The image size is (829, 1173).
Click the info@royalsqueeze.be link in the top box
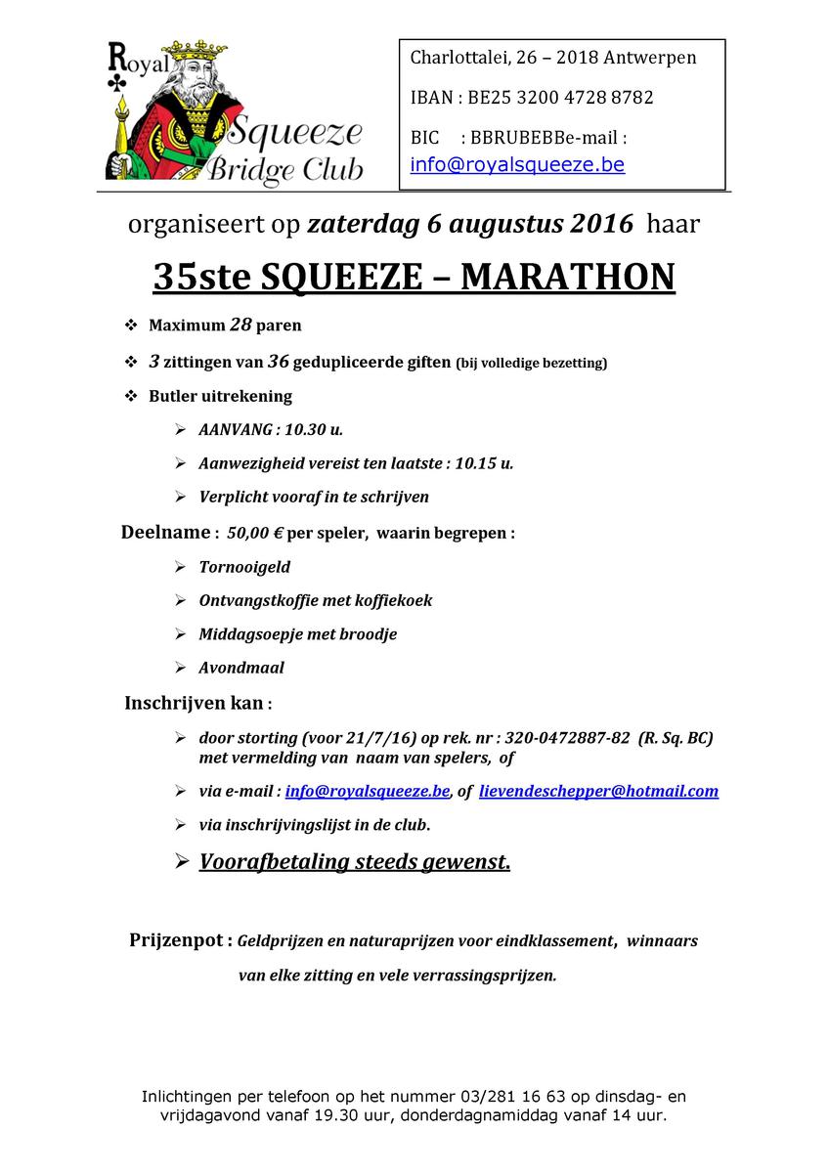pos(517,164)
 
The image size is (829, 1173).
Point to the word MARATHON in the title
pos(567,277)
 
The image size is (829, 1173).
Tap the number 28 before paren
pos(240,325)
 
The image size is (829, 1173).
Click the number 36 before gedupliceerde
pos(278,362)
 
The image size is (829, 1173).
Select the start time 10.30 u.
pos(314,430)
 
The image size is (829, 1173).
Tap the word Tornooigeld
pos(244,567)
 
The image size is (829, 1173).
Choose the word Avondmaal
pos(241,669)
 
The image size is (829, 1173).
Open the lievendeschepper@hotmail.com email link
pos(598,792)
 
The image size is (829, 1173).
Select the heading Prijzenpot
pos(179,941)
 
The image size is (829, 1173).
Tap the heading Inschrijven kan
pos(194,703)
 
